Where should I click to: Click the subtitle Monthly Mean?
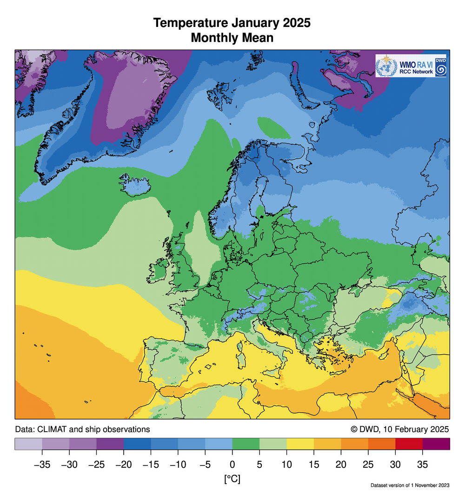coord(232,38)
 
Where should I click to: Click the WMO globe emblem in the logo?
coord(385,65)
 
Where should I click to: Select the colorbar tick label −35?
coord(42,464)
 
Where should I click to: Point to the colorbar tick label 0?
coord(232,464)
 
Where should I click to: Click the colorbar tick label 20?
coord(341,464)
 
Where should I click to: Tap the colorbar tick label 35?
coord(423,464)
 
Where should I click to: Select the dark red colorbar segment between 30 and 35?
coord(409,444)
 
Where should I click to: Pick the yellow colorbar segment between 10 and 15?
coord(300,444)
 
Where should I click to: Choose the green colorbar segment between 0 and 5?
coord(246,444)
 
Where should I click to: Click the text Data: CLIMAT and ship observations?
coord(82,429)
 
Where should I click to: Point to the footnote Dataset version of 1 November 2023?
coord(410,486)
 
